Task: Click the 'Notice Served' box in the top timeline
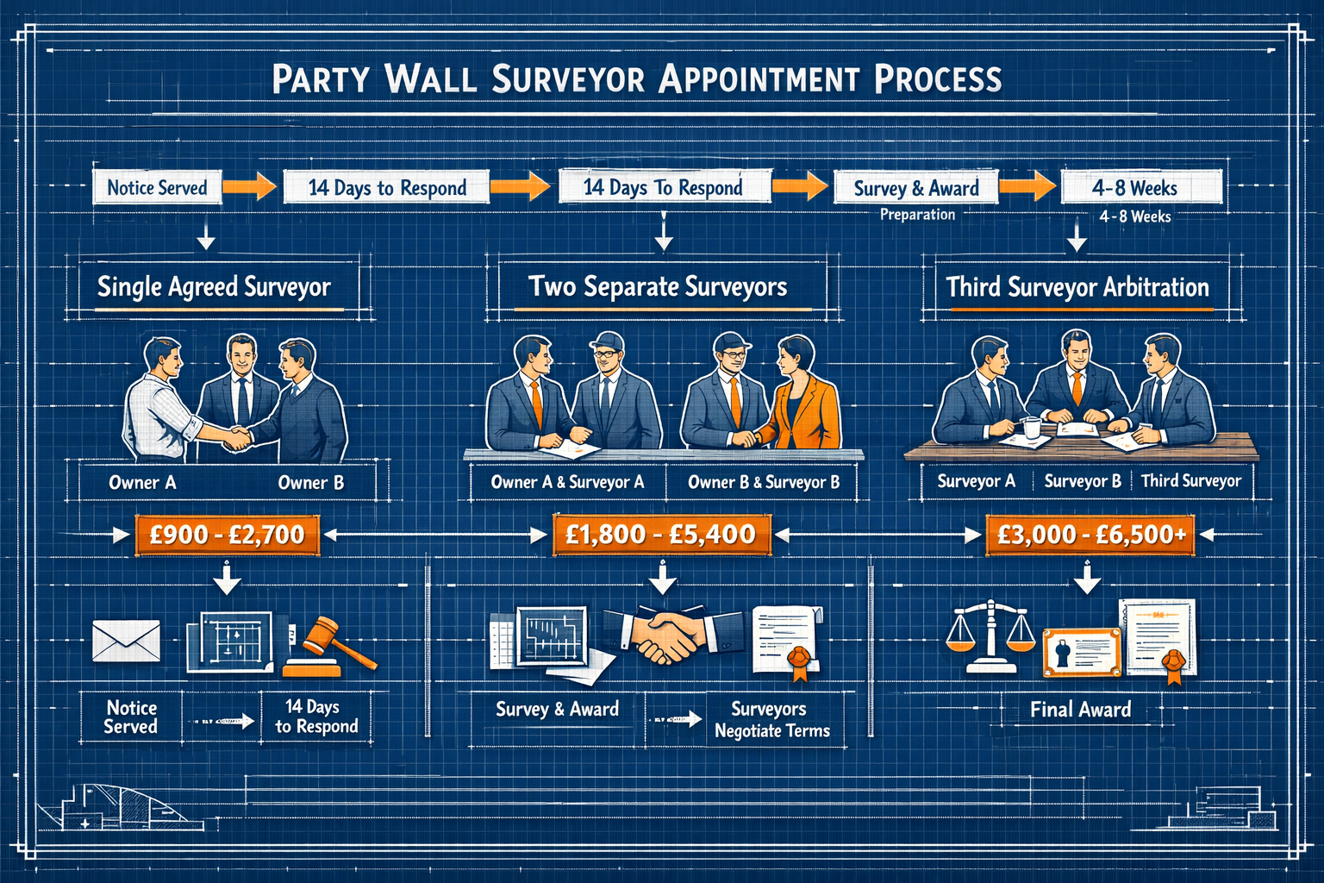coord(157,188)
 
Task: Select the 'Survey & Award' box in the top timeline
coord(915,188)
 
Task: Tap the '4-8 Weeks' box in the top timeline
coord(1134,188)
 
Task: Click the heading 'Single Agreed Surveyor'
coord(214,287)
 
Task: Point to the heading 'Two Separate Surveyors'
coord(658,287)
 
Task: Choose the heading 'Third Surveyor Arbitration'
coord(1077,287)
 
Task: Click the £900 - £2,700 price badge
coord(228,535)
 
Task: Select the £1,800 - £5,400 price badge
coord(660,535)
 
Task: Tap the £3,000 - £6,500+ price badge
coord(1091,535)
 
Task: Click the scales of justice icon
coord(990,636)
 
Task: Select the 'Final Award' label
coord(1080,710)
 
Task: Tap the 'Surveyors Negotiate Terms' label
coord(771,720)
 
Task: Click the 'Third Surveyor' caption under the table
coord(1191,481)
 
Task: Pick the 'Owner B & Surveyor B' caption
coord(763,482)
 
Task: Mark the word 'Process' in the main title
coord(938,79)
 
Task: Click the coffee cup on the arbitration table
coord(1032,427)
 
